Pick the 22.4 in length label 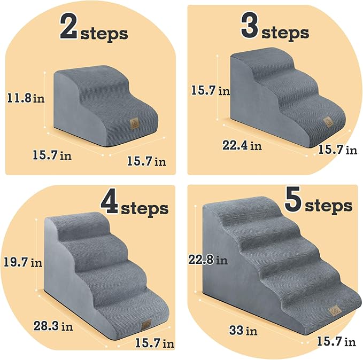click(x=242, y=145)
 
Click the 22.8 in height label click(x=207, y=261)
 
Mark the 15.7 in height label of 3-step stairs click(x=210, y=91)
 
